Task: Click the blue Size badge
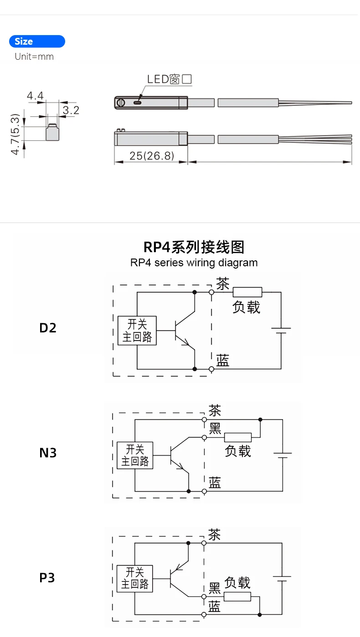pyautogui.click(x=37, y=41)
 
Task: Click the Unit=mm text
pyautogui.click(x=34, y=57)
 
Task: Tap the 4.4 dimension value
pyautogui.click(x=35, y=96)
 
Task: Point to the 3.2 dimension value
pyautogui.click(x=71, y=110)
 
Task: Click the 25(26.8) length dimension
pyautogui.click(x=152, y=156)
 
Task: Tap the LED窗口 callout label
pyautogui.click(x=169, y=79)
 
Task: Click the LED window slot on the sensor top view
pyautogui.click(x=137, y=103)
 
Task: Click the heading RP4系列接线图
pyautogui.click(x=194, y=247)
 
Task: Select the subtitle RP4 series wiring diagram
pyautogui.click(x=194, y=263)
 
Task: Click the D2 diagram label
pyautogui.click(x=48, y=327)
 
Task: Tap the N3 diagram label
pyautogui.click(x=48, y=453)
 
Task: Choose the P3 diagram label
pyautogui.click(x=47, y=578)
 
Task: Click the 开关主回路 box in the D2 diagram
pyautogui.click(x=137, y=331)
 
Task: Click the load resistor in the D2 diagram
pyautogui.click(x=247, y=292)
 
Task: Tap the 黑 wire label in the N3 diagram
pyautogui.click(x=215, y=429)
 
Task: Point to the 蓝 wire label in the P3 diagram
pyautogui.click(x=214, y=606)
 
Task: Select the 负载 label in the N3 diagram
pyautogui.click(x=238, y=451)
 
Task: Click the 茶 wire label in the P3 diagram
pyautogui.click(x=214, y=534)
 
